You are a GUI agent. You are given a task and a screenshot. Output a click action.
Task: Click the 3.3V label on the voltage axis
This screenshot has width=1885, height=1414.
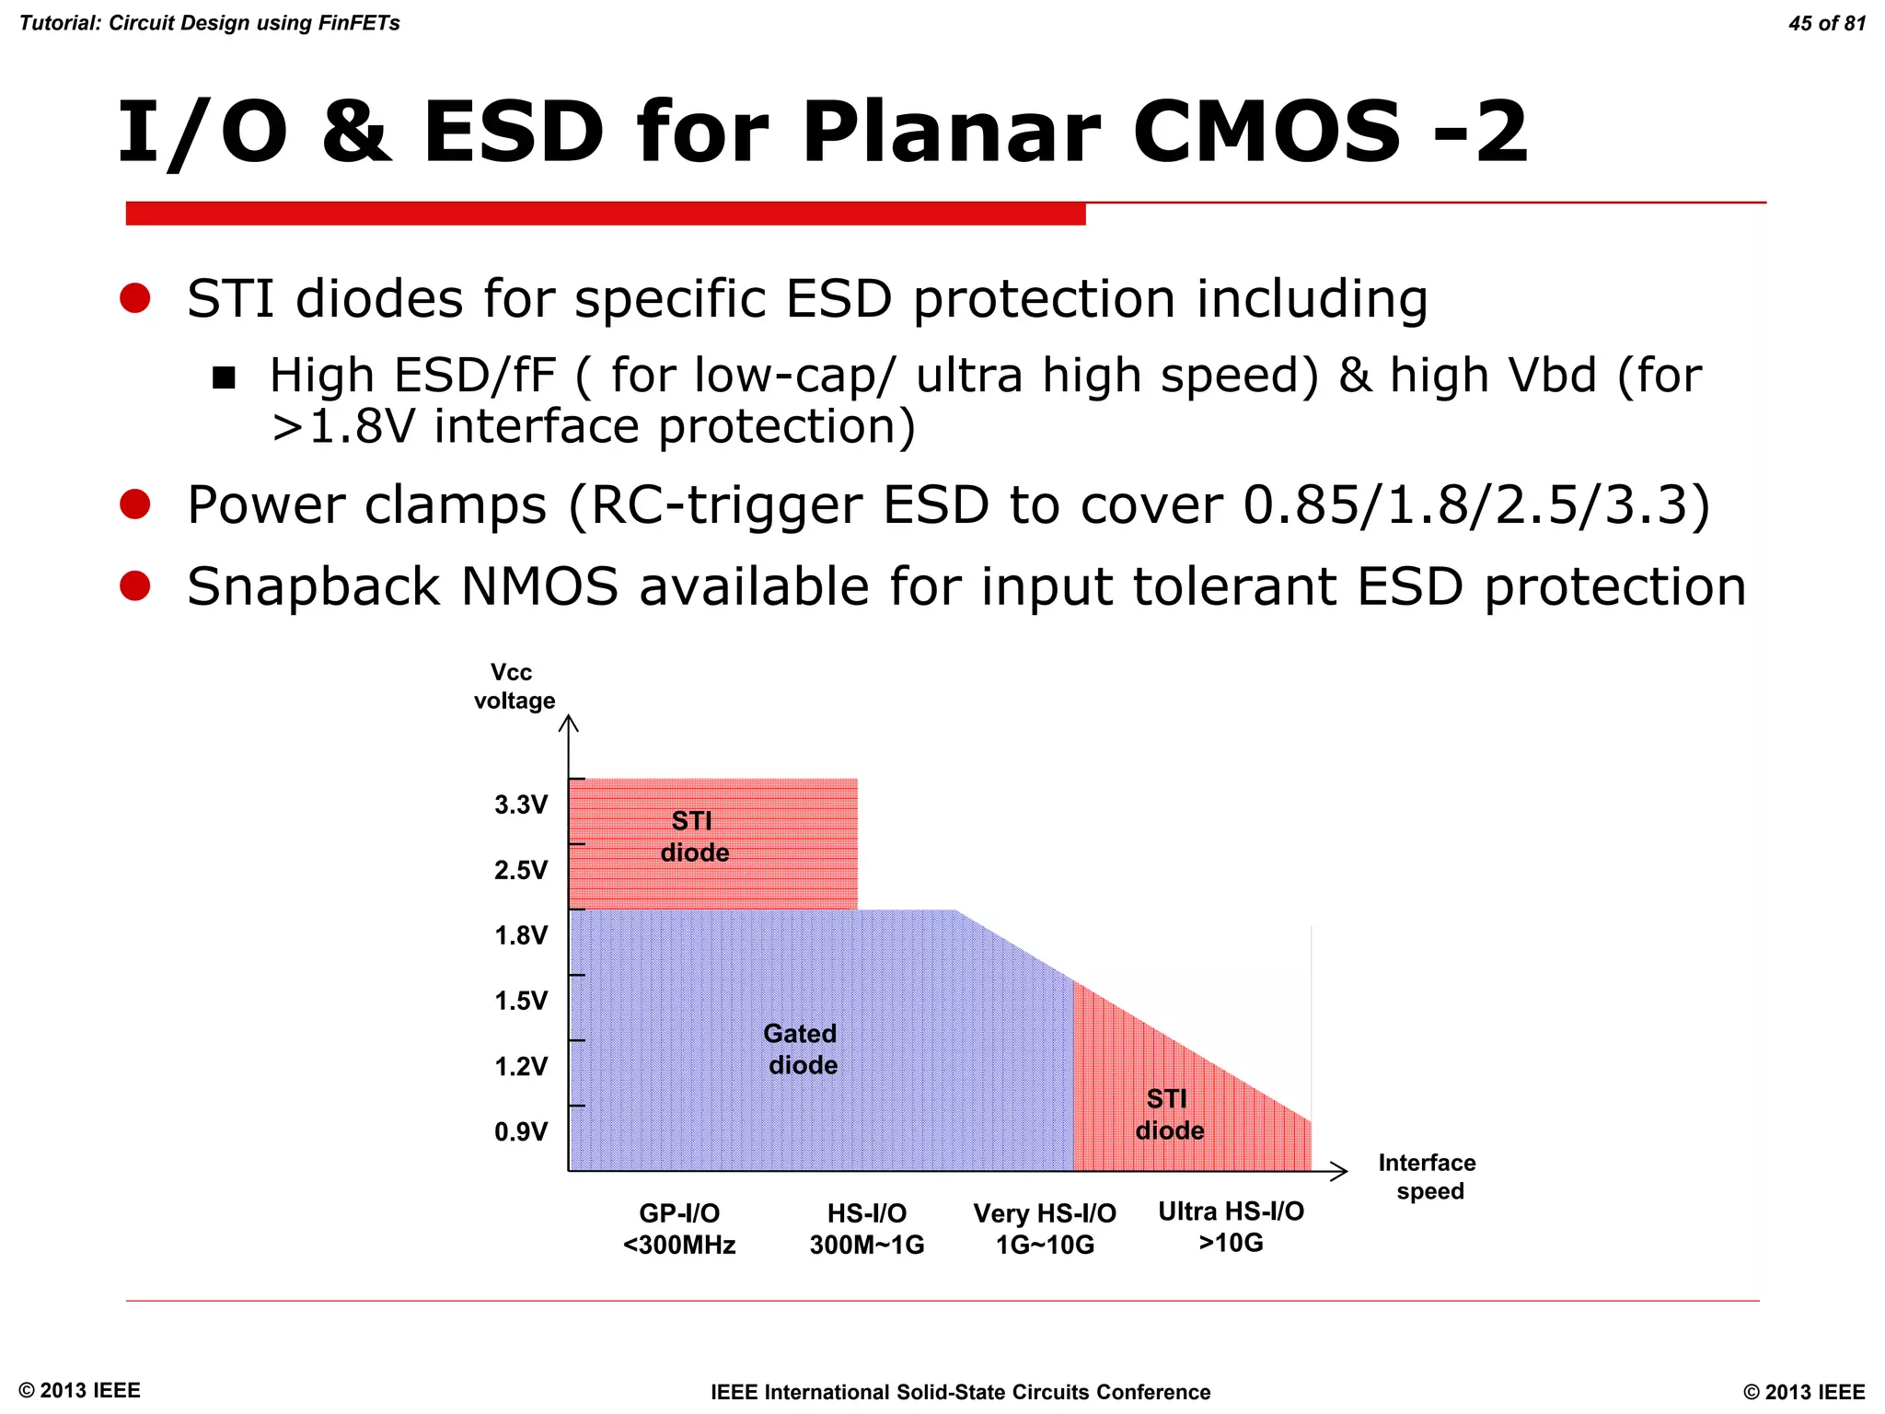(x=521, y=806)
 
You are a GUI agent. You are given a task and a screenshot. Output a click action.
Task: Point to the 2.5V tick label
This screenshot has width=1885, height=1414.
(x=521, y=871)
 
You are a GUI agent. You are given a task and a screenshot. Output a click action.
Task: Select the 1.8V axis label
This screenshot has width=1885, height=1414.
(x=521, y=936)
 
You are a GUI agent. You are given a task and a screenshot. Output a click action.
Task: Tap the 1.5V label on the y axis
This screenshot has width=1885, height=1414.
(x=521, y=1002)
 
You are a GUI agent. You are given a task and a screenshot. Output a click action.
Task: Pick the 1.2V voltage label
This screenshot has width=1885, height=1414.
(x=521, y=1067)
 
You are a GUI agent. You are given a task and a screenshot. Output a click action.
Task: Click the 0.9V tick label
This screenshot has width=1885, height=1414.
(x=521, y=1132)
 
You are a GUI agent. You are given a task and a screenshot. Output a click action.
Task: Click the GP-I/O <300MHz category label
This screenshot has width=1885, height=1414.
(x=679, y=1230)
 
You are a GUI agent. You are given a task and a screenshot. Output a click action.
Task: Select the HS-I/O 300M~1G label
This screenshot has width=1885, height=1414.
(x=867, y=1230)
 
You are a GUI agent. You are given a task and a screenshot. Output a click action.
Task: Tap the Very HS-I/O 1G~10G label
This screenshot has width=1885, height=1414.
(x=1045, y=1230)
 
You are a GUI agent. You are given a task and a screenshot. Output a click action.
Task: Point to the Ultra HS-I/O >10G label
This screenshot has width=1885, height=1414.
(x=1231, y=1227)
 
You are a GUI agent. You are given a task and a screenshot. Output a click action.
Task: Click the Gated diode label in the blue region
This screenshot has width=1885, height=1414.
(x=802, y=1049)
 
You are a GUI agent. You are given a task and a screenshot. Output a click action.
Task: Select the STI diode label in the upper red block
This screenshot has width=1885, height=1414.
(x=694, y=837)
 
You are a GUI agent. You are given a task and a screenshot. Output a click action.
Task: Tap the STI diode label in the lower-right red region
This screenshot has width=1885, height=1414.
(x=1169, y=1115)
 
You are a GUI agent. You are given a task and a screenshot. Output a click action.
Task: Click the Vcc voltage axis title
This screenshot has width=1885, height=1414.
(x=514, y=687)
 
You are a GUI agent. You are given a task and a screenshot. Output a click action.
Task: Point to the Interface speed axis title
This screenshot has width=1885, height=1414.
(x=1428, y=1177)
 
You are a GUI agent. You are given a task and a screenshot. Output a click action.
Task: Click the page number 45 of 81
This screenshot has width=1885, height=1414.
(x=1826, y=24)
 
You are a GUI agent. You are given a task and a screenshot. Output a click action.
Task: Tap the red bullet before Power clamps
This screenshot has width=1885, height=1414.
(x=135, y=504)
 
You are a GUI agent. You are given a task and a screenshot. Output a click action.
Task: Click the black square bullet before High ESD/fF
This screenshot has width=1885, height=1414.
(x=224, y=377)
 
